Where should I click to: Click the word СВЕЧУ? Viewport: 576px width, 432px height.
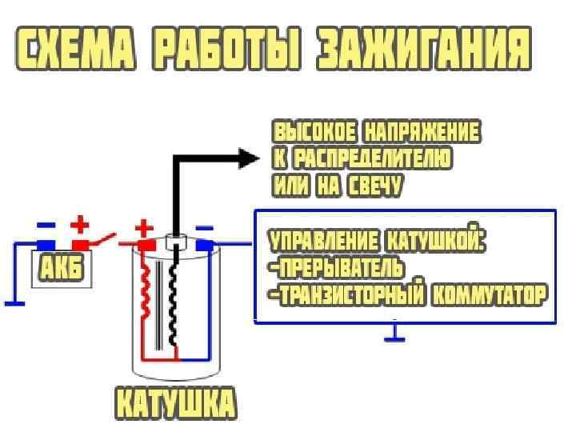tap(375, 186)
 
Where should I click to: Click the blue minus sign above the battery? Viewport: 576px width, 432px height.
tap(46, 225)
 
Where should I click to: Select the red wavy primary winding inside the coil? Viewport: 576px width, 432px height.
tap(146, 293)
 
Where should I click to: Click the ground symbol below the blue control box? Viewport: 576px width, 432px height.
tap(394, 336)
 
